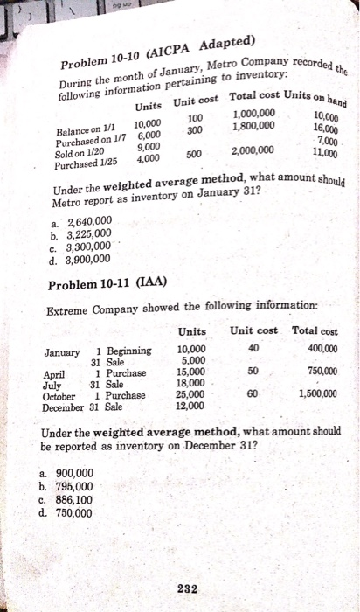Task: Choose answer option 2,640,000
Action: pyautogui.click(x=84, y=220)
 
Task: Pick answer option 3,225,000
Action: pyautogui.click(x=84, y=233)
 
